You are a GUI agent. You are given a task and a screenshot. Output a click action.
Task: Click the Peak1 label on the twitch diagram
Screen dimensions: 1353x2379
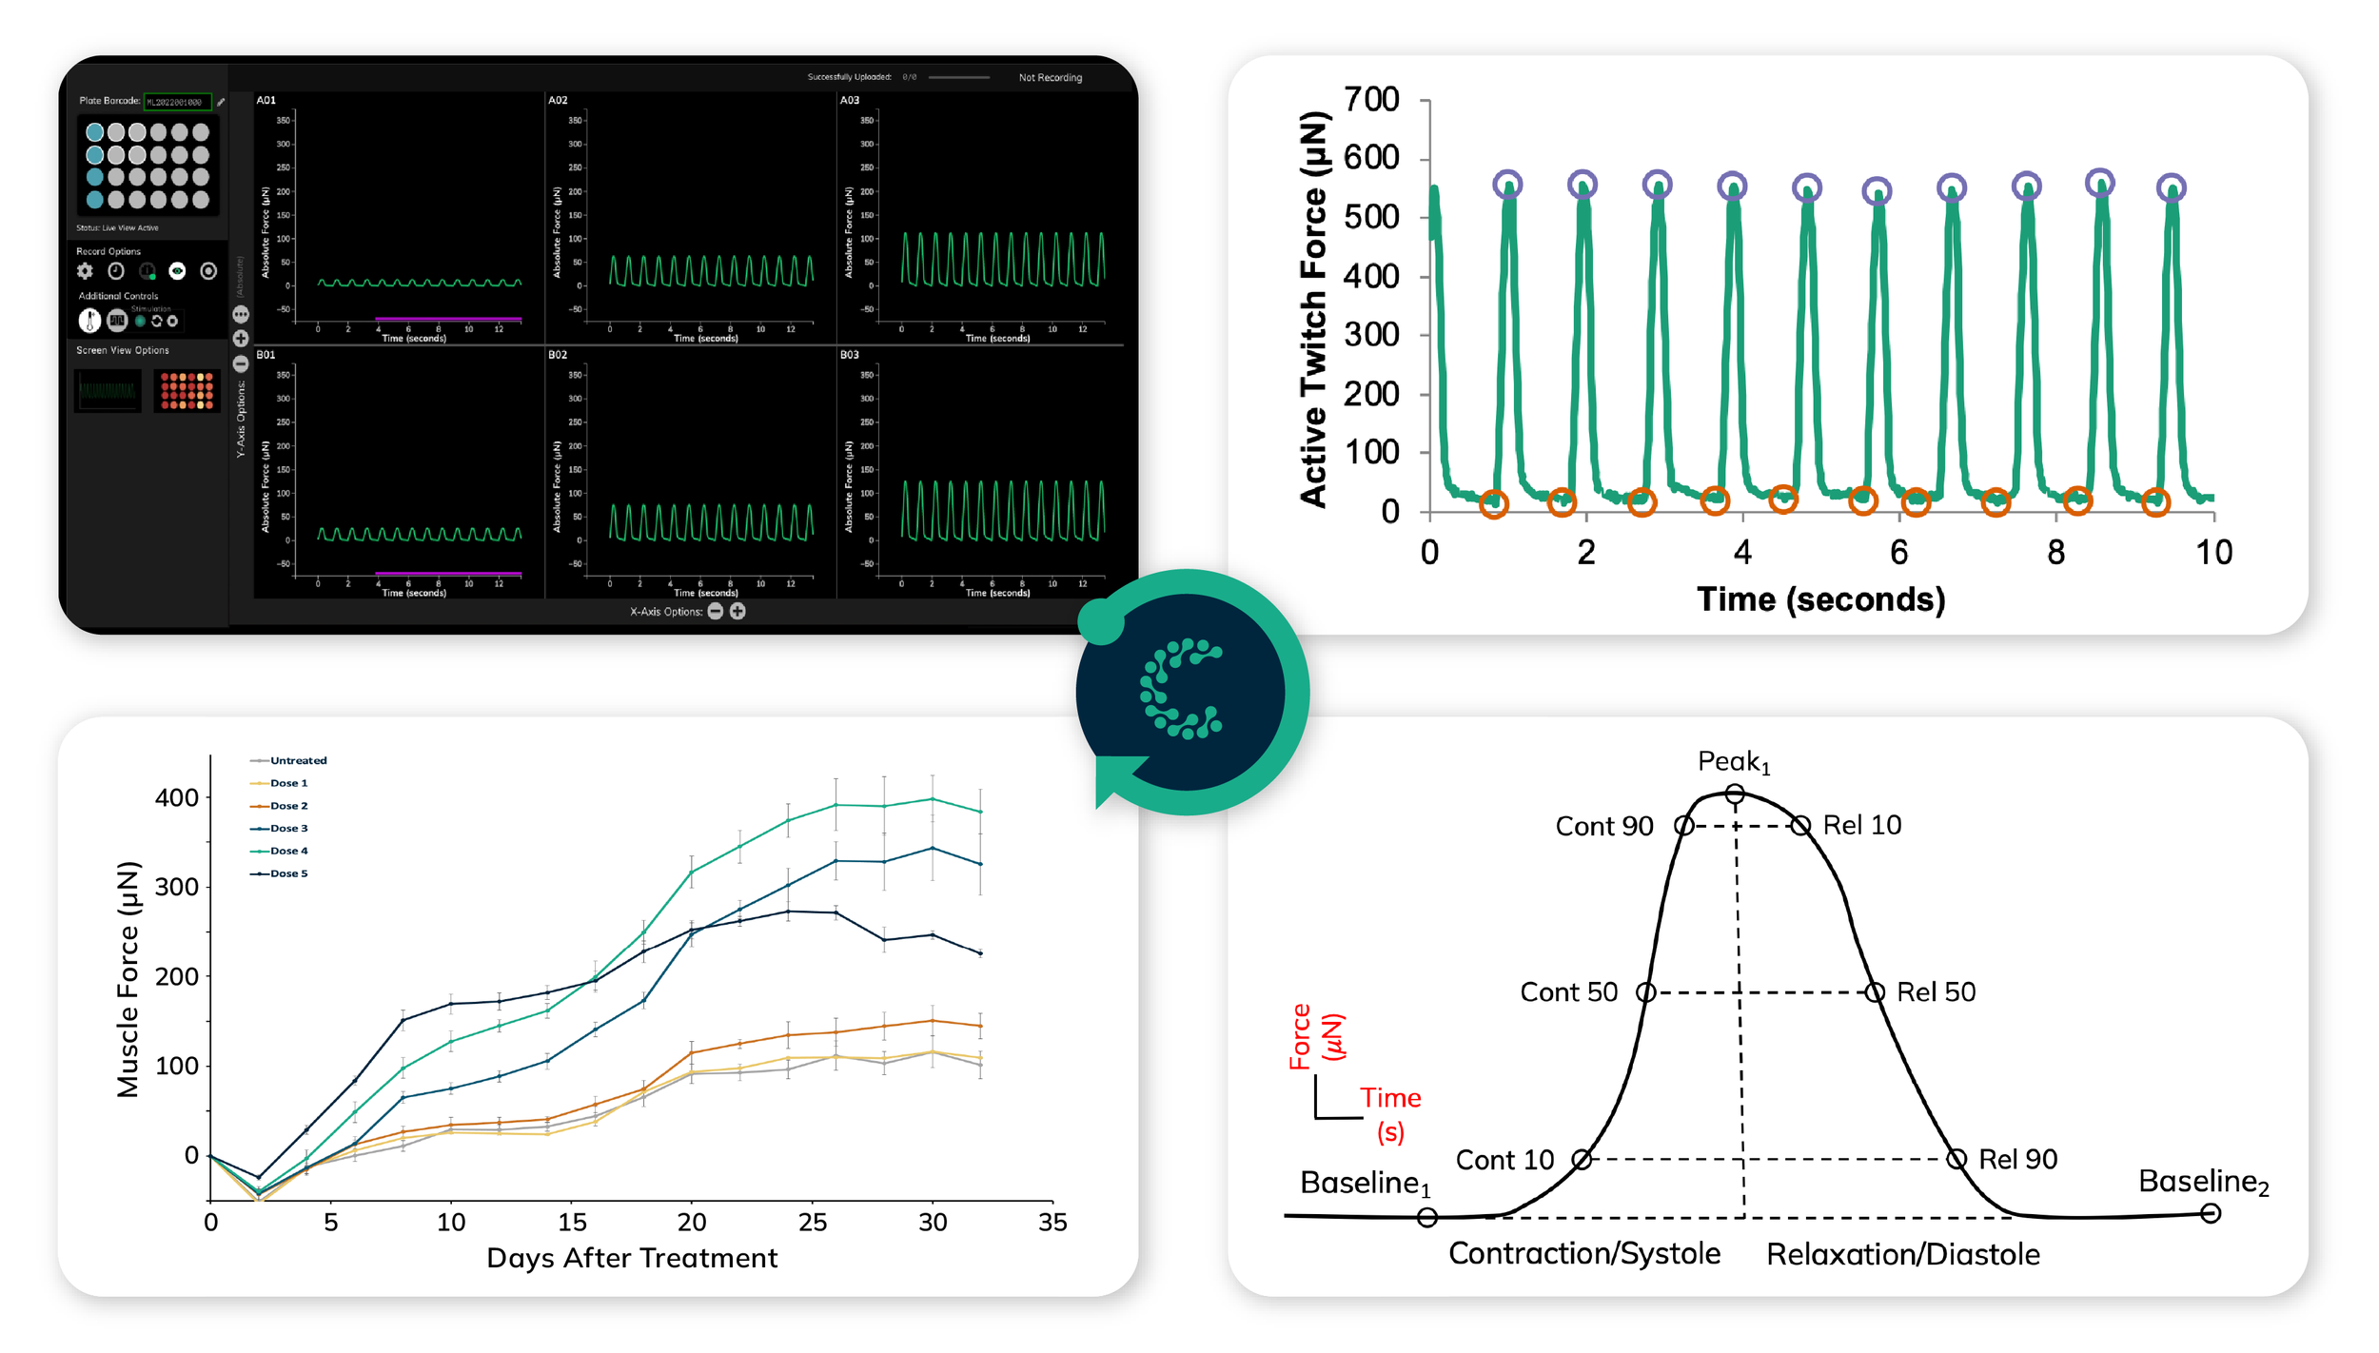pyautogui.click(x=1733, y=761)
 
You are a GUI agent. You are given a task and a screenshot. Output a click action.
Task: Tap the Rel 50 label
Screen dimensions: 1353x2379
pyautogui.click(x=1935, y=992)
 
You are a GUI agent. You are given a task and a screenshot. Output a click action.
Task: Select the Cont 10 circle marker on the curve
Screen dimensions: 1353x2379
pyautogui.click(x=1581, y=1159)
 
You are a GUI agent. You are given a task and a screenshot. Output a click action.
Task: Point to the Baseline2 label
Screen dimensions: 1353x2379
pyautogui.click(x=2202, y=1182)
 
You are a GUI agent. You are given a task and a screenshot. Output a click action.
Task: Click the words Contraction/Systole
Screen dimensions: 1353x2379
pyautogui.click(x=1583, y=1253)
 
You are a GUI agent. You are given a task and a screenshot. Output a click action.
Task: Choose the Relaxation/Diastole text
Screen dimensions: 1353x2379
pyautogui.click(x=1902, y=1254)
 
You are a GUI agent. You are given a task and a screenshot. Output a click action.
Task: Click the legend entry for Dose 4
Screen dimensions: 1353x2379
pyautogui.click(x=288, y=851)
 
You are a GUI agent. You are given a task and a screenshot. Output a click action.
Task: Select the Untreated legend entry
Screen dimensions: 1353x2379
pyautogui.click(x=297, y=760)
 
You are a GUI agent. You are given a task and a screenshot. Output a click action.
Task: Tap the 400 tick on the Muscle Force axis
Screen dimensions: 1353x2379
pyautogui.click(x=177, y=797)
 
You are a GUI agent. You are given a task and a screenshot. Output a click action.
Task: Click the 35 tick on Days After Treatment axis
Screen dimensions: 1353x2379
pyautogui.click(x=1052, y=1223)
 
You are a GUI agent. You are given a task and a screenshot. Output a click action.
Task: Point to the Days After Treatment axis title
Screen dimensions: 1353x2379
pyautogui.click(x=632, y=1258)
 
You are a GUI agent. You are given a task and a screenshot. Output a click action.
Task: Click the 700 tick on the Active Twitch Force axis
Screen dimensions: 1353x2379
pyautogui.click(x=1371, y=100)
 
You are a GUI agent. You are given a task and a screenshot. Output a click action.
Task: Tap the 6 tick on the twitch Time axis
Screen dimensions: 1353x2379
pyautogui.click(x=1898, y=553)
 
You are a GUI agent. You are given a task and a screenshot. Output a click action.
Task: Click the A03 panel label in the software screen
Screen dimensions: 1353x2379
pyautogui.click(x=849, y=100)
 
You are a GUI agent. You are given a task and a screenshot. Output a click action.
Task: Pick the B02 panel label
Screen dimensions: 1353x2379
pyautogui.click(x=558, y=355)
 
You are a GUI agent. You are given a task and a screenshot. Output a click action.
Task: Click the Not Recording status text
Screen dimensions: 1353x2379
pyautogui.click(x=1050, y=78)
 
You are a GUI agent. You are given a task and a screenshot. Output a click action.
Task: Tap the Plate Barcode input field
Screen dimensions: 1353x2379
pyautogui.click(x=177, y=102)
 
